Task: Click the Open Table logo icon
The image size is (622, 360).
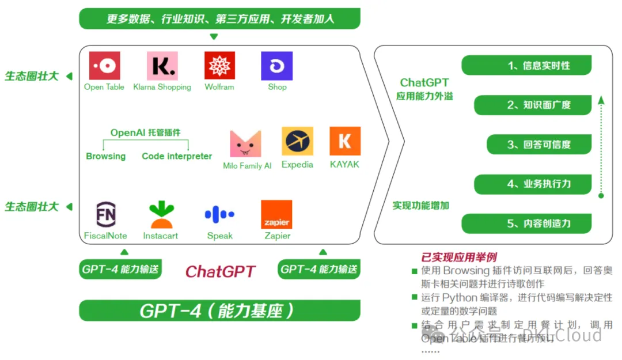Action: point(104,66)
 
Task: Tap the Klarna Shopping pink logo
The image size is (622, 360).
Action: point(162,66)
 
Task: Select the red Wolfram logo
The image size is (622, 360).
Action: point(219,66)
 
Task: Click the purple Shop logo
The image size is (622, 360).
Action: point(277,66)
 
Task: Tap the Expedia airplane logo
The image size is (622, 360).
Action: point(297,141)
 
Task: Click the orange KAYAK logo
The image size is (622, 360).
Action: point(345,141)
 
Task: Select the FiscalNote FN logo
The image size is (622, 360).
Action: point(105,214)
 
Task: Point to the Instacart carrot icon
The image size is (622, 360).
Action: point(161,214)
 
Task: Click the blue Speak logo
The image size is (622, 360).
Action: point(219,215)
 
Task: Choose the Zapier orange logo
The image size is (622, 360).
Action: point(276,214)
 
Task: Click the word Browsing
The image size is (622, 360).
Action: point(105,156)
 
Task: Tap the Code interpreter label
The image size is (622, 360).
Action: point(177,156)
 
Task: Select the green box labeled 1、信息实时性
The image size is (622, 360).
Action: point(526,66)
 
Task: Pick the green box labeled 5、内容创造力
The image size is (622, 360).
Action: point(526,223)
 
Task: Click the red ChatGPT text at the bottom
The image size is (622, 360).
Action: point(221,271)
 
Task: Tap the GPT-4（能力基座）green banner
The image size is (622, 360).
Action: point(219,310)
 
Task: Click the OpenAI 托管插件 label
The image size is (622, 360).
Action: point(145,132)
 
